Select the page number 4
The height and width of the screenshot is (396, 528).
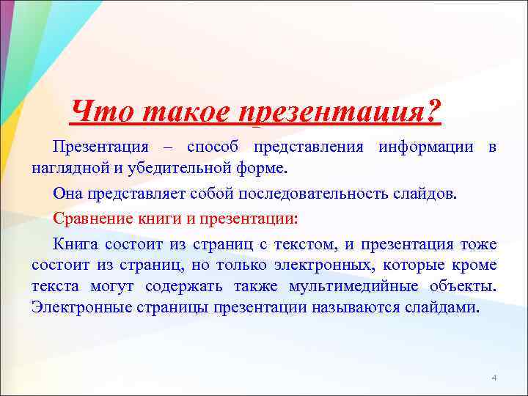pyautogui.click(x=494, y=377)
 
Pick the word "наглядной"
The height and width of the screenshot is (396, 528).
pyautogui.click(x=64, y=168)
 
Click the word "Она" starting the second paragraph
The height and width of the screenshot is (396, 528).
pyautogui.click(x=68, y=194)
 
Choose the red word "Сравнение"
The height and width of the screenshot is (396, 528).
pyautogui.click(x=93, y=219)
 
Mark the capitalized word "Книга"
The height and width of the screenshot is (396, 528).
pyautogui.click(x=76, y=243)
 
